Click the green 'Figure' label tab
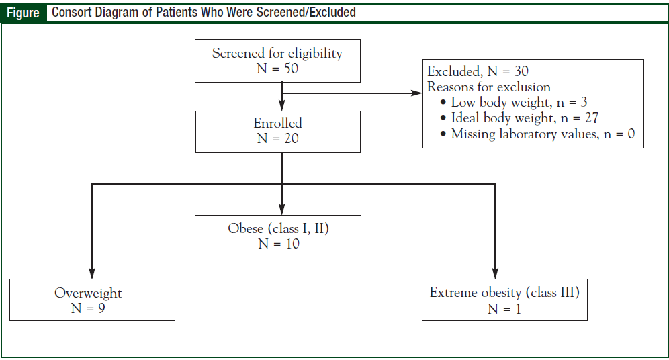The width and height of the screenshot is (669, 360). point(24,13)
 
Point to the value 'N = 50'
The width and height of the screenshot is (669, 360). point(277,69)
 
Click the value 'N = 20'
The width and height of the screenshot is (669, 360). point(277,139)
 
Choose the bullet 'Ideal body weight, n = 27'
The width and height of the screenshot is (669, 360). point(524,118)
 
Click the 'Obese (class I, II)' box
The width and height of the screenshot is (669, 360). point(278,229)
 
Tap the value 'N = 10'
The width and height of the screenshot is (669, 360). point(278,244)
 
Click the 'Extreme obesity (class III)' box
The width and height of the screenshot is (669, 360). point(504,293)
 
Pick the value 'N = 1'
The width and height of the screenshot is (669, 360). point(504,309)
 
